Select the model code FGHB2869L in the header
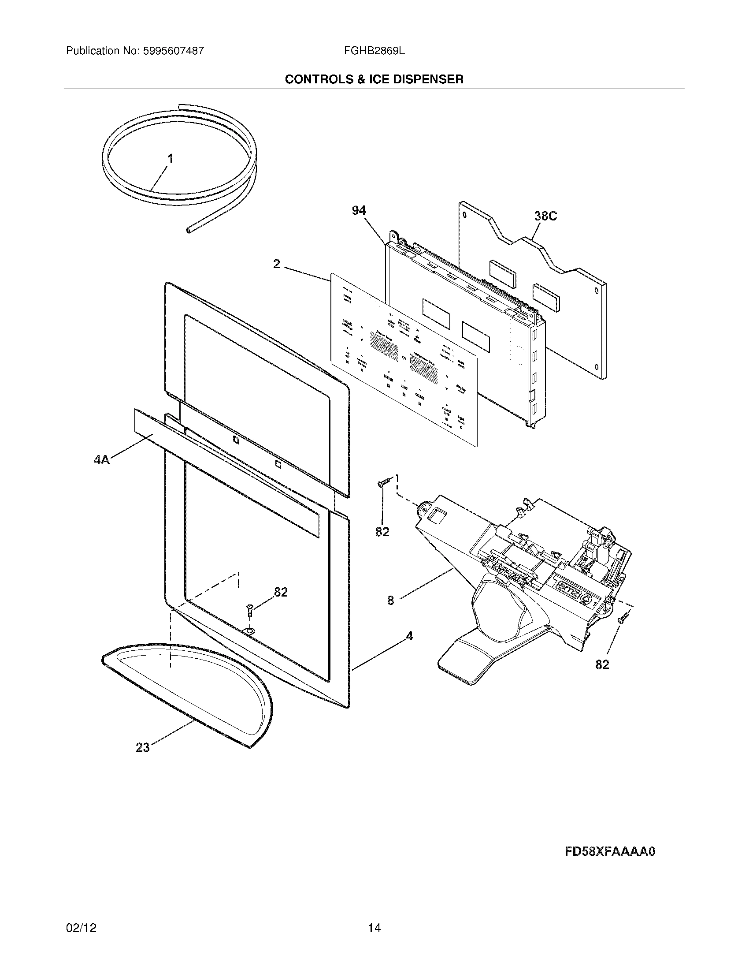tap(374, 51)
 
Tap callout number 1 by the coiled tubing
tap(170, 159)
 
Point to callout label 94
tap(359, 210)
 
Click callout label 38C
tap(545, 216)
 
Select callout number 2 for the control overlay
tap(276, 264)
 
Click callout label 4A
tap(101, 460)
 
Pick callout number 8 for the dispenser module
tap(390, 601)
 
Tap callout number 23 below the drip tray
tap(142, 747)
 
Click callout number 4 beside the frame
tap(409, 636)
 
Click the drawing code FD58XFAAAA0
tap(610, 851)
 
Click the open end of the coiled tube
tap(188, 230)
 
